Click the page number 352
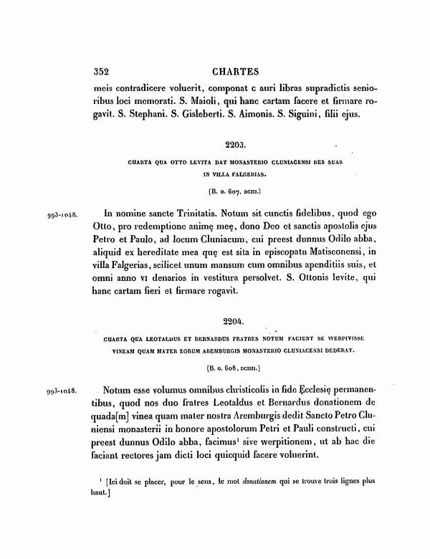point(105,72)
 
